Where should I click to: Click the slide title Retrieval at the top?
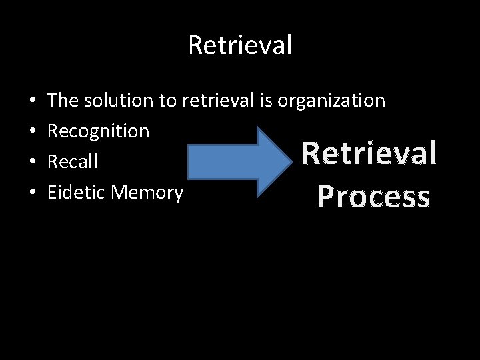(240, 45)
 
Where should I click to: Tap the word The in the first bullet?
(63, 101)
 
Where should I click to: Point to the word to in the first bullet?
(167, 101)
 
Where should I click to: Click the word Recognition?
(98, 131)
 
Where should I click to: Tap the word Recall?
(72, 162)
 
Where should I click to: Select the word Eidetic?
(77, 193)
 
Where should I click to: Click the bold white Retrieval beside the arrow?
(369, 153)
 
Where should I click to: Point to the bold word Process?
(373, 197)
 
